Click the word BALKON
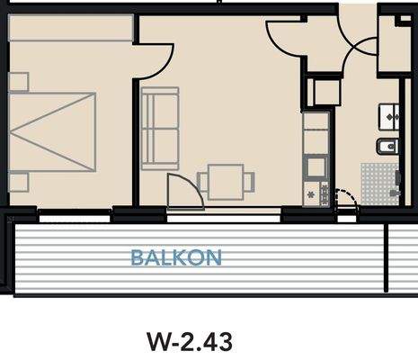pyautogui.click(x=175, y=257)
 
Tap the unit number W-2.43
pyautogui.click(x=189, y=341)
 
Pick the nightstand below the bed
pyautogui.click(x=18, y=182)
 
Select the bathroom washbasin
pyautogui.click(x=393, y=115)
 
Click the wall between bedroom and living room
pyautogui.click(x=136, y=144)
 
